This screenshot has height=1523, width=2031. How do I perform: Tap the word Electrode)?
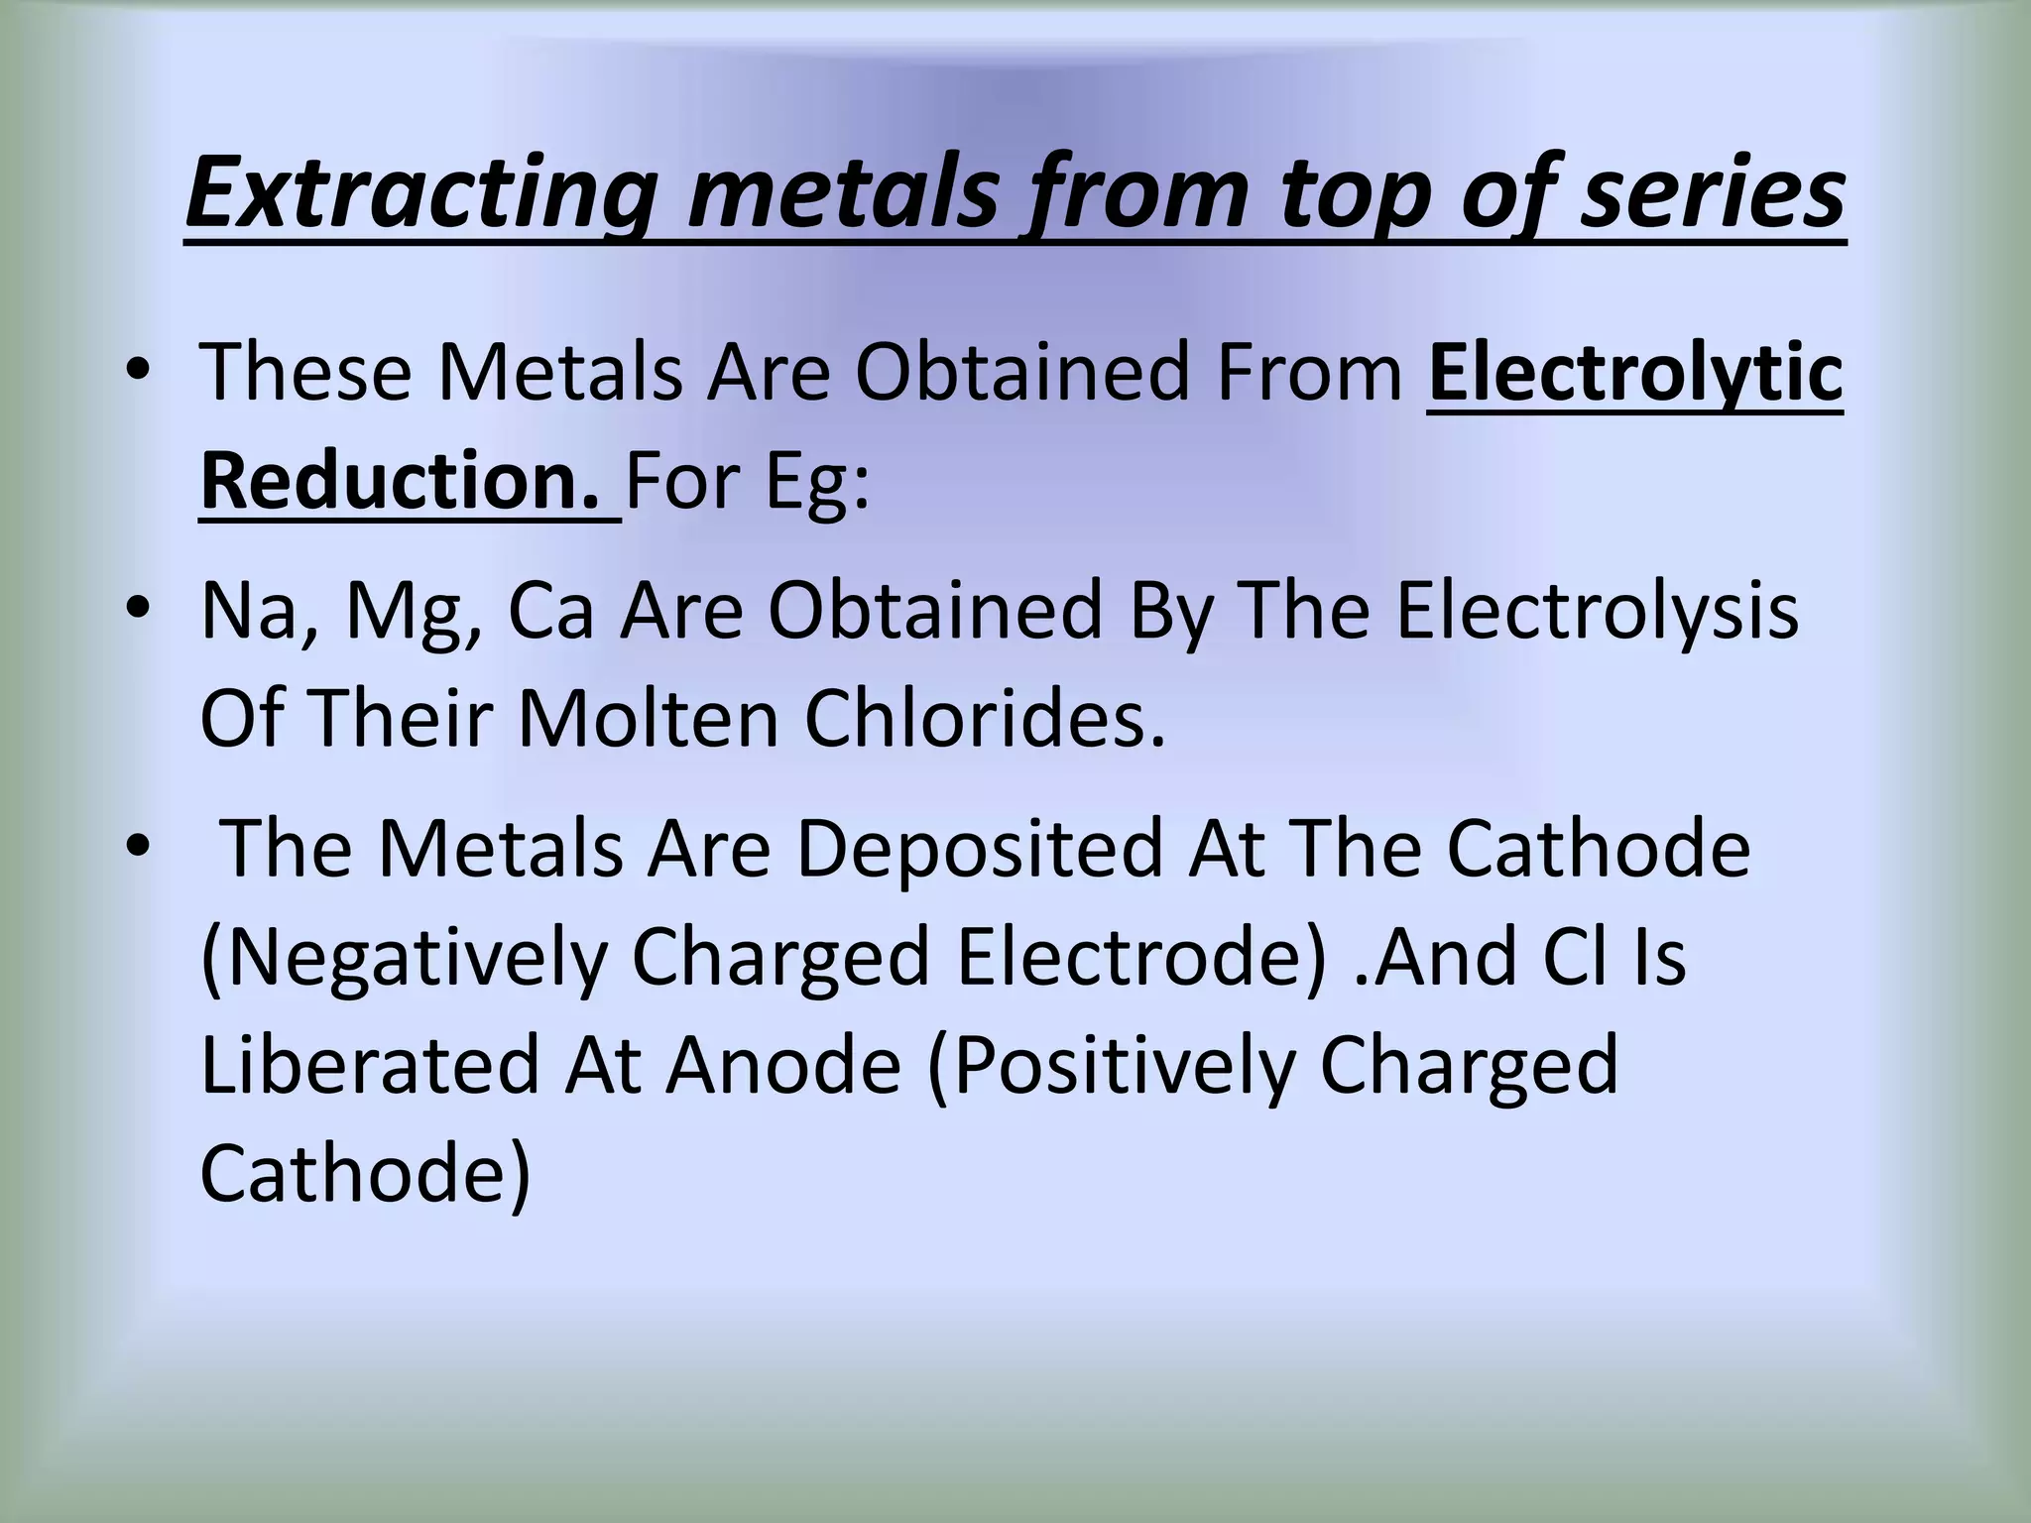click(1141, 958)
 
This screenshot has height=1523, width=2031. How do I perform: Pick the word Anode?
click(783, 1065)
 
